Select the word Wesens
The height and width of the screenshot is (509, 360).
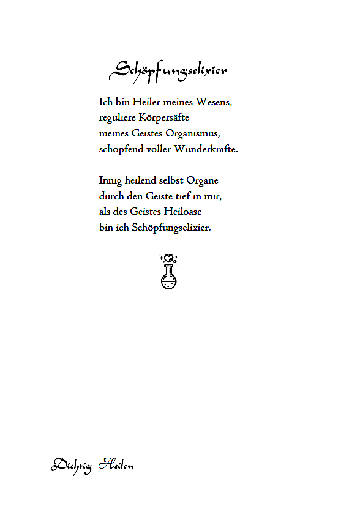pos(214,102)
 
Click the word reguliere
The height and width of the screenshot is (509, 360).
pos(118,118)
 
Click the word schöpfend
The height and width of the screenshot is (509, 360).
pos(119,150)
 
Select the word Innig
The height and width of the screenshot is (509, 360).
pos(110,181)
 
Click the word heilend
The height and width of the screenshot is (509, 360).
pos(141,181)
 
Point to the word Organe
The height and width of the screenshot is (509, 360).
pos(203,181)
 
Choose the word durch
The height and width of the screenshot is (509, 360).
pos(111,196)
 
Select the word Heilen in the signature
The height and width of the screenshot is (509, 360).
pos(116,464)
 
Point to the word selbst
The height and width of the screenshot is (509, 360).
pos(171,181)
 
